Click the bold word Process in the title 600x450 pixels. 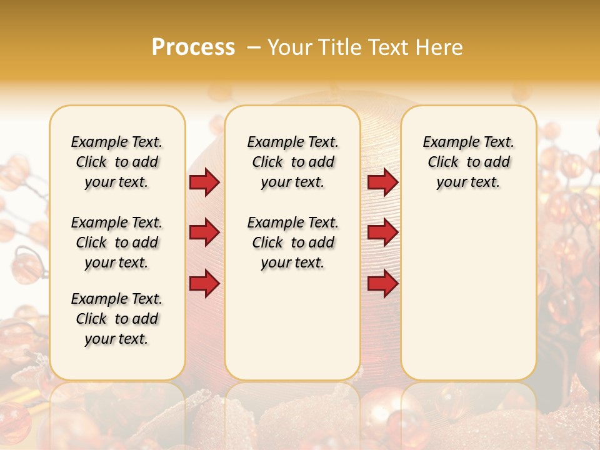pos(193,47)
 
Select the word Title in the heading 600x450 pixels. pos(339,47)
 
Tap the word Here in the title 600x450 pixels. pos(440,47)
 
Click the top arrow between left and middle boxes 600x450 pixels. pos(204,182)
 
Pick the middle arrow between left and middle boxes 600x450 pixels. pos(204,233)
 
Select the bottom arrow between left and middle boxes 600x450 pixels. pos(204,283)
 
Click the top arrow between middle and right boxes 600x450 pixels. pos(383,182)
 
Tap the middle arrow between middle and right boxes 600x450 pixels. pos(383,233)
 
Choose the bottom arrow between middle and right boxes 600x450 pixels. pos(383,283)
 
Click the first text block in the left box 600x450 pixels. pos(117,162)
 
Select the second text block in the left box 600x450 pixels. pos(117,242)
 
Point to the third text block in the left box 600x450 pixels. pos(117,319)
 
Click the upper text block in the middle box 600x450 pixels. pos(292,162)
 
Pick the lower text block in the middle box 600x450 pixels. pos(292,242)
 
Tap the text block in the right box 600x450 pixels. pos(468,162)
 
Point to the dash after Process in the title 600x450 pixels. pos(254,47)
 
